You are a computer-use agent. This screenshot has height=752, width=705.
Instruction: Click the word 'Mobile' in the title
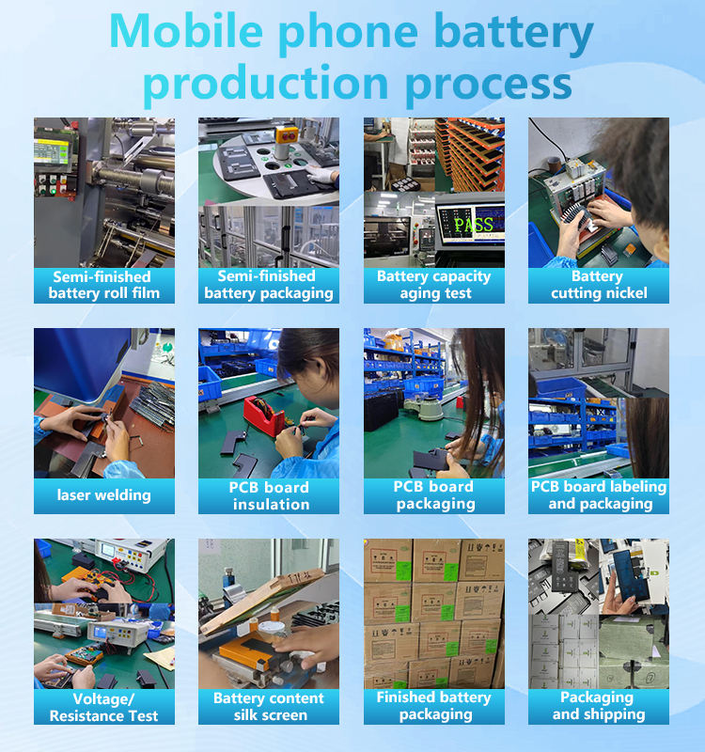coord(186,31)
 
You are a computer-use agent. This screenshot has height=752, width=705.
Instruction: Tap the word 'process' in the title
coord(489,85)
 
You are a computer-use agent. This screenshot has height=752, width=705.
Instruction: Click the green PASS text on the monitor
coord(474,224)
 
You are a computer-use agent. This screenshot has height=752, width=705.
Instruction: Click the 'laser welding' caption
coord(104,495)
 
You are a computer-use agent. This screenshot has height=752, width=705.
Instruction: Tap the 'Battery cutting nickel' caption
coord(599,285)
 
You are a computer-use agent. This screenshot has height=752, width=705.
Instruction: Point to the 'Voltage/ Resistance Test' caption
coord(104,707)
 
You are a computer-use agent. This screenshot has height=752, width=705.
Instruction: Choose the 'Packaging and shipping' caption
coord(599,706)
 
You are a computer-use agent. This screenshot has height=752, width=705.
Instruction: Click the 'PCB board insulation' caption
coord(269,496)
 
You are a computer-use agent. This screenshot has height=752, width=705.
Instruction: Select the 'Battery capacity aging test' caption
coord(434,285)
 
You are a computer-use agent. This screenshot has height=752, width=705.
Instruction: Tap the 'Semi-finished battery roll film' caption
coord(104,285)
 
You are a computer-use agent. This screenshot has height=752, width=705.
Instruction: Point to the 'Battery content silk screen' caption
coord(269,707)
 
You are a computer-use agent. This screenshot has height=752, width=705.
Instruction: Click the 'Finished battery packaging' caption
coord(434,706)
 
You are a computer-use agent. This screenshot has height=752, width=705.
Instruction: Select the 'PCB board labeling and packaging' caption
coord(599,495)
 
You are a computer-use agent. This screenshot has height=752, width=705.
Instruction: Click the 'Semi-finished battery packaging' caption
coord(269,285)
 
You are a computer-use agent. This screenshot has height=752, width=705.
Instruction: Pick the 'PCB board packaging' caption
coord(434,495)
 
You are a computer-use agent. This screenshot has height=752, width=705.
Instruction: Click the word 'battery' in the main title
coord(513,34)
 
